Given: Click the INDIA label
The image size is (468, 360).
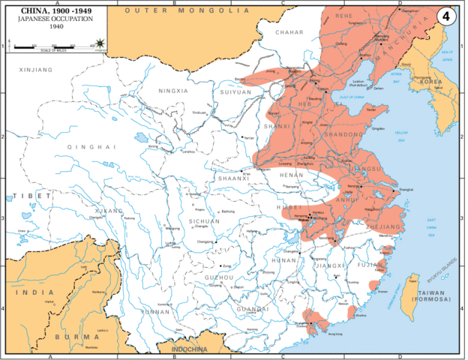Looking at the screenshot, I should point(31,292).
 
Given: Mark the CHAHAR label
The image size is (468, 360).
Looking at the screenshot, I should point(289,33).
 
